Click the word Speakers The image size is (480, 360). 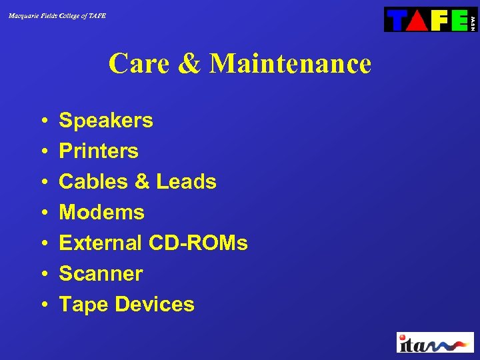click(x=106, y=121)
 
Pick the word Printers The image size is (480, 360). click(x=99, y=151)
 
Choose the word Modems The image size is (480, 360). click(x=101, y=213)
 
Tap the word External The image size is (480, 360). click(x=100, y=243)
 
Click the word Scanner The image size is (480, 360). click(x=101, y=274)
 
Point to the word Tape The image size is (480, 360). click(x=84, y=305)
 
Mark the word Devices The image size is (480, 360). click(x=155, y=305)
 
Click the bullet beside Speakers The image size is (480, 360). click(x=43, y=121)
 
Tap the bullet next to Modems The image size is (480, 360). click(x=43, y=213)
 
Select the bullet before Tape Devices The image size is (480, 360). click(x=43, y=305)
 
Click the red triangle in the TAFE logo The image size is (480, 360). click(x=417, y=20)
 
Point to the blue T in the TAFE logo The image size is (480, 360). click(x=397, y=20)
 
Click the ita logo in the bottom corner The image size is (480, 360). click(x=435, y=342)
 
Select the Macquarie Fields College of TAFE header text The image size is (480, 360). click(x=57, y=15)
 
